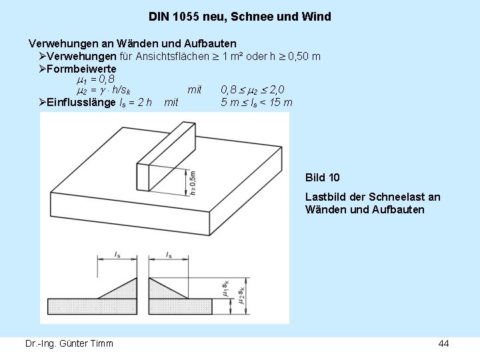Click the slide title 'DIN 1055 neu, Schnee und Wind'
click(x=240, y=16)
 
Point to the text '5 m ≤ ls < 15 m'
click(x=257, y=102)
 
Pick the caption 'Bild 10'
click(x=322, y=177)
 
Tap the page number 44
click(x=443, y=343)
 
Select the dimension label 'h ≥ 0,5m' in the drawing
click(x=192, y=182)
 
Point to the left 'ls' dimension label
click(x=117, y=254)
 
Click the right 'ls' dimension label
click(x=169, y=254)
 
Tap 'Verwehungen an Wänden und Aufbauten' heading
click(x=132, y=43)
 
